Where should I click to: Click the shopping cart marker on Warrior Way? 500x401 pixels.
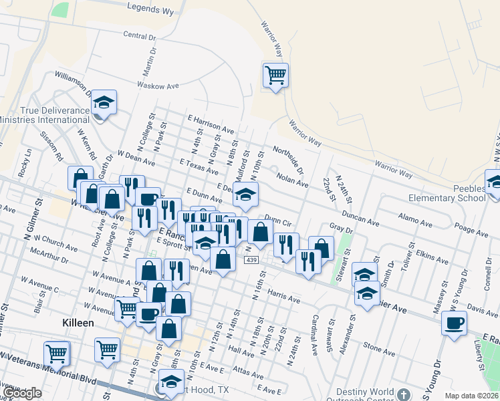tap(275, 76)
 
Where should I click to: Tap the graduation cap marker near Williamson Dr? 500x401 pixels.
tap(104, 102)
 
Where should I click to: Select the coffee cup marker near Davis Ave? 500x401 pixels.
tap(454, 323)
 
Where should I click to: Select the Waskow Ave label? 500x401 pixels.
tap(158, 86)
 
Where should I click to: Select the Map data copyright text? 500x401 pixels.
tap(471, 396)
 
